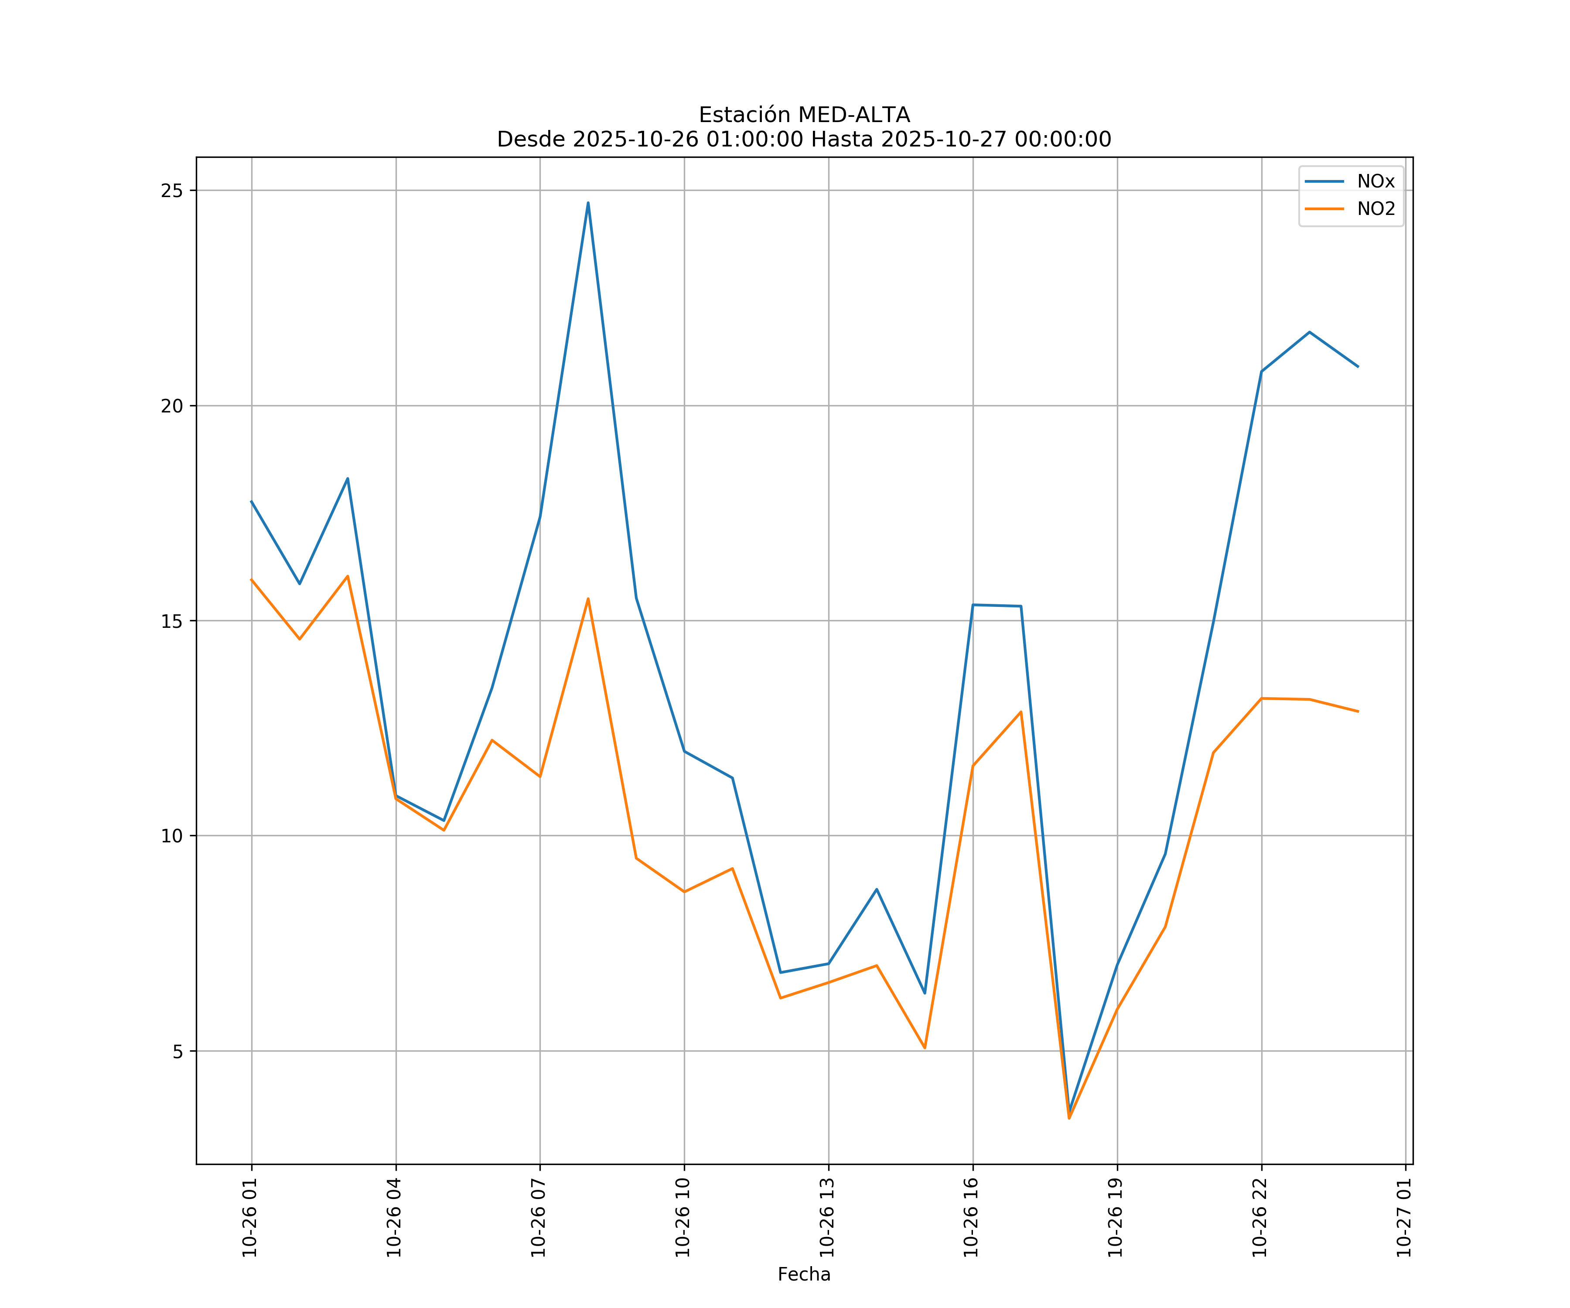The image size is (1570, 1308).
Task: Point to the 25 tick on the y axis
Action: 172,191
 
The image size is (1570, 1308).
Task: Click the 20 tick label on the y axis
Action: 172,406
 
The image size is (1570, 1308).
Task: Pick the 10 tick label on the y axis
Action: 172,836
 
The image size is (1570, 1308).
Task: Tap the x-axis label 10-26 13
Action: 828,1218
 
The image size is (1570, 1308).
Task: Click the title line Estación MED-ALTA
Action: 804,115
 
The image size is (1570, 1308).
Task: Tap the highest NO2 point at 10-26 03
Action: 348,576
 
